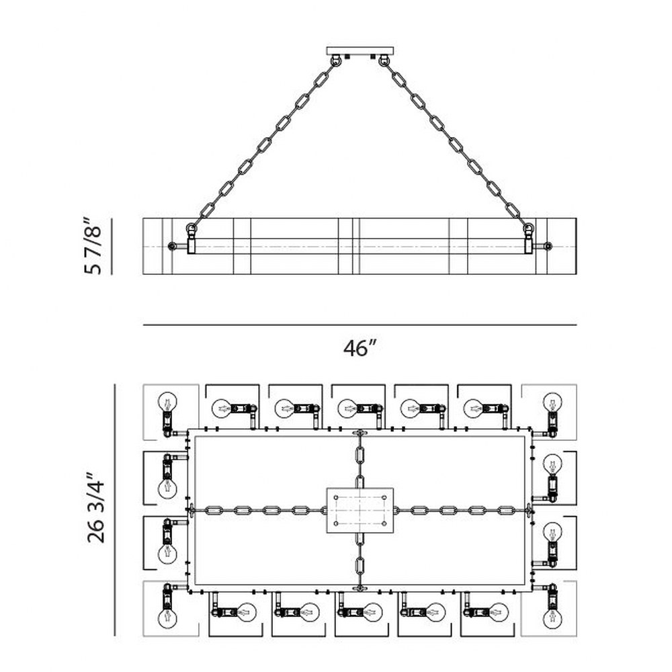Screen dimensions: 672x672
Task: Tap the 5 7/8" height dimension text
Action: coord(93,246)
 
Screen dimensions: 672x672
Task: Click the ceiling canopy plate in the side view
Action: coord(360,51)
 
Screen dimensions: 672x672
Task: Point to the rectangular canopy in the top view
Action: coord(360,510)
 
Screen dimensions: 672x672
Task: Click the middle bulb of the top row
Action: coord(347,409)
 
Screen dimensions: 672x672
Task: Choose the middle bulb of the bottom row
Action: coord(372,612)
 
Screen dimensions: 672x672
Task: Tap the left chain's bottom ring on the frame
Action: coord(191,228)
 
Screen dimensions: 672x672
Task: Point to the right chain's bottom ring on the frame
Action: coord(529,228)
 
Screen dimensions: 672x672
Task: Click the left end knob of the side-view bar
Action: coord(172,247)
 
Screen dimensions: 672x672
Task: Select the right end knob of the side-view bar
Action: coord(547,247)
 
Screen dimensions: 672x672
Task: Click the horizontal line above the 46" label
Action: coord(360,325)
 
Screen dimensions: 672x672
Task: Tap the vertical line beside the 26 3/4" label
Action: coord(115,510)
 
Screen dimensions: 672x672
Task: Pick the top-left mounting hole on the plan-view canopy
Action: coord(337,497)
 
